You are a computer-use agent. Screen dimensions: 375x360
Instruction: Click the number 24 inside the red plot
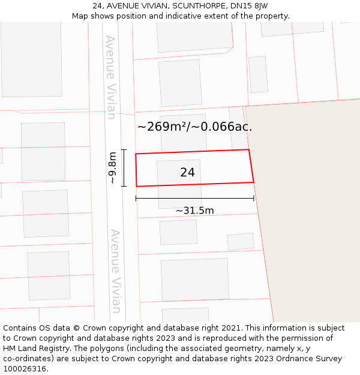[187, 172]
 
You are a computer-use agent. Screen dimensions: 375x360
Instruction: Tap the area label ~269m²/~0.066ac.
[194, 127]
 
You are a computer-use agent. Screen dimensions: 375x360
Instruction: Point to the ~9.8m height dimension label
[112, 169]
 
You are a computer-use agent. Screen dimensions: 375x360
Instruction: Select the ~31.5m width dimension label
[194, 211]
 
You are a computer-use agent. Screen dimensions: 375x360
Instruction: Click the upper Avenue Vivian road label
[110, 77]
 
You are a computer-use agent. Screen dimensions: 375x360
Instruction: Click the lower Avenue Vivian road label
[116, 271]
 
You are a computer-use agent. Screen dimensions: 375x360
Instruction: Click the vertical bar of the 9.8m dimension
[124, 168]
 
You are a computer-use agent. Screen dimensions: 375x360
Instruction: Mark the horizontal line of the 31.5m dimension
[194, 198]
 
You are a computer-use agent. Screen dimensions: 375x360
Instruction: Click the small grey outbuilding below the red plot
[240, 241]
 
